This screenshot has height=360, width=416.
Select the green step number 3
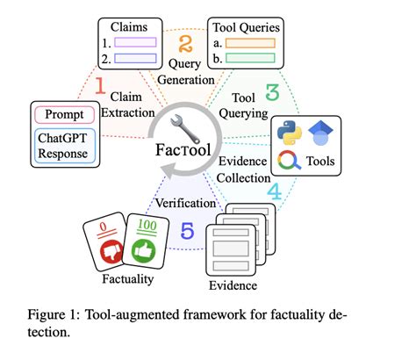click(272, 90)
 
